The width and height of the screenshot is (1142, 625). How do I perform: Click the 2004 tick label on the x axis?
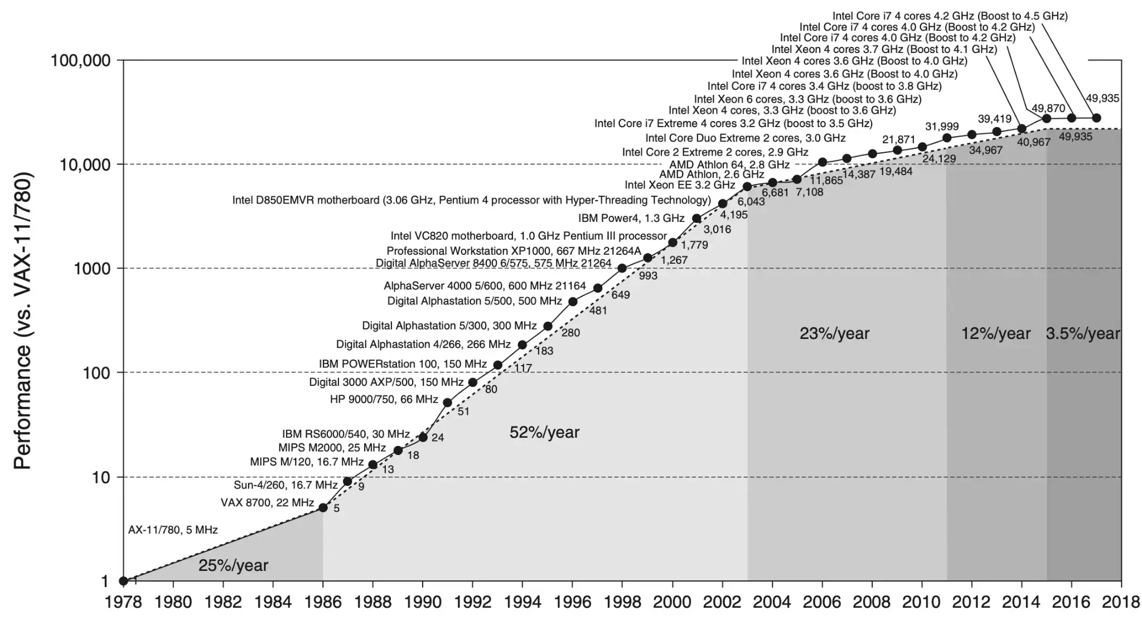tap(772, 602)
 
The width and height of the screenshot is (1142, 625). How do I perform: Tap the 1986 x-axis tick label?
tap(323, 602)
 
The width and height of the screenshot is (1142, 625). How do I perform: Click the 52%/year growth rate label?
tap(544, 432)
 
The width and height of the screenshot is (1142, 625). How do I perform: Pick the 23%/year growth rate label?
tap(834, 333)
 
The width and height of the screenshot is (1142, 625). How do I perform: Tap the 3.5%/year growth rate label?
tap(1082, 333)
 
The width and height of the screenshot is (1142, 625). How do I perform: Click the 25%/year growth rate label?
tap(233, 565)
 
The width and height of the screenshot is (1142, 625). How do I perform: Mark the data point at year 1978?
tap(124, 581)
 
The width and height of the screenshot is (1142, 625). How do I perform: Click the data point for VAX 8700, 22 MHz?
tap(323, 507)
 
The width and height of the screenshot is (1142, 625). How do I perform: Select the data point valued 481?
tap(573, 302)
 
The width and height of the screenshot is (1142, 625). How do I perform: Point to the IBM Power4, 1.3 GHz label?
tap(631, 218)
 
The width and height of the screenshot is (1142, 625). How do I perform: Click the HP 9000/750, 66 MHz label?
tap(384, 399)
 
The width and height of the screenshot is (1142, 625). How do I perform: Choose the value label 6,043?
tap(751, 201)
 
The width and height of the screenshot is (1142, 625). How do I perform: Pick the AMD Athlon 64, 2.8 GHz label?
tap(729, 164)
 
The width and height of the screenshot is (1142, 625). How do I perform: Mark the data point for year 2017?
tap(1096, 118)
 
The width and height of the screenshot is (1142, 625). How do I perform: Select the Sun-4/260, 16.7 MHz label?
tap(285, 485)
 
